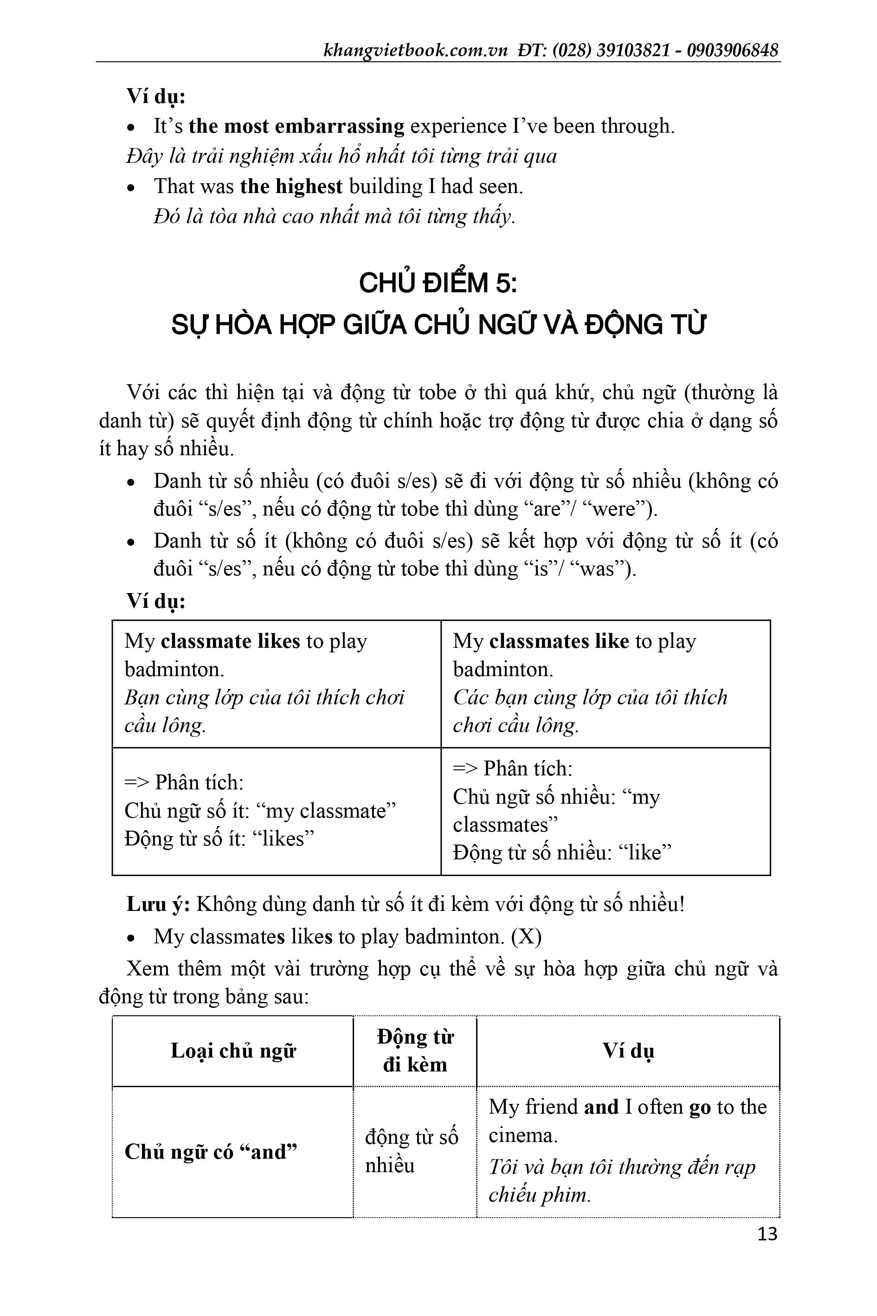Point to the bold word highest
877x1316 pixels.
click(309, 186)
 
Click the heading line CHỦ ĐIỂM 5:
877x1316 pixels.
click(438, 283)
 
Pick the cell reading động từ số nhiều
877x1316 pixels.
click(411, 1151)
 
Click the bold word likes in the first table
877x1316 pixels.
click(279, 641)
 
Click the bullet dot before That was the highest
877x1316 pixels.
click(131, 188)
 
